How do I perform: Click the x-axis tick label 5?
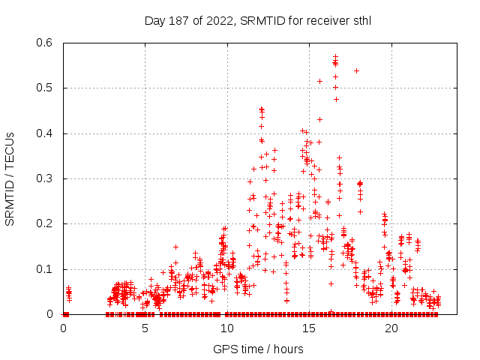point(145,328)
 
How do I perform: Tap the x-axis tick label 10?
point(227,328)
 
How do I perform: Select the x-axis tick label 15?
point(310,328)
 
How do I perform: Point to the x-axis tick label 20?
point(391,328)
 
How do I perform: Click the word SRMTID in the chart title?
point(260,21)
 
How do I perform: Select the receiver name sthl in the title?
point(361,21)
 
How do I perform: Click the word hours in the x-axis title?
point(288,349)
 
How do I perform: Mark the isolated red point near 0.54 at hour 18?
point(356,70)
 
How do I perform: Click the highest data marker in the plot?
point(335,56)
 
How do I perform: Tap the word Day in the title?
point(155,21)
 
